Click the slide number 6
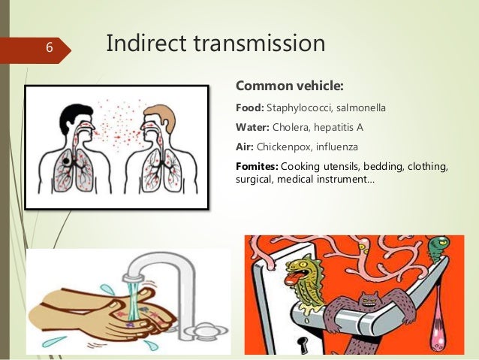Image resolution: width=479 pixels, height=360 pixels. click(x=47, y=48)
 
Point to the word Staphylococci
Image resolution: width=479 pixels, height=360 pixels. click(x=300, y=107)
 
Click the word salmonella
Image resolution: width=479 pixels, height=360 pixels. click(x=361, y=107)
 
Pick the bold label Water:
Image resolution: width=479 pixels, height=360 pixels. click(x=253, y=126)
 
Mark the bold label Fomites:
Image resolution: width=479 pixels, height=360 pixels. click(x=258, y=165)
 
